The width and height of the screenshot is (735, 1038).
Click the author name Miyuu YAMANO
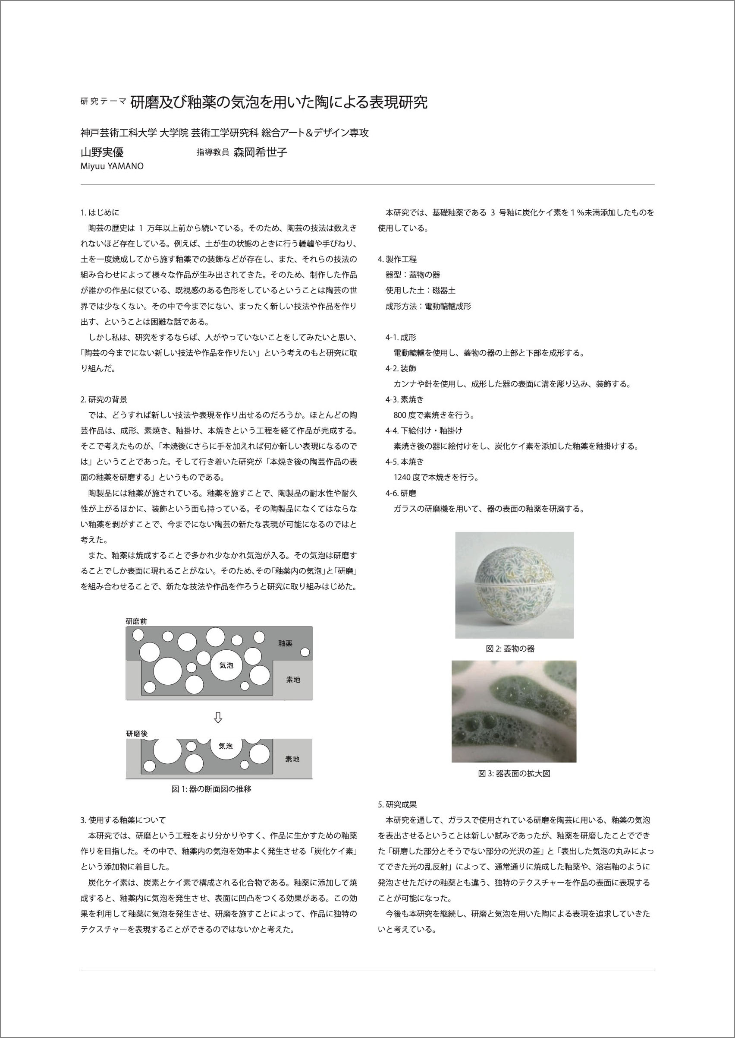[112, 166]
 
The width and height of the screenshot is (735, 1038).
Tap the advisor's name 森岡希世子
[260, 152]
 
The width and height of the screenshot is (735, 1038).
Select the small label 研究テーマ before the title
[103, 101]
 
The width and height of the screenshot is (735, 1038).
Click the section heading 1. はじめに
[100, 212]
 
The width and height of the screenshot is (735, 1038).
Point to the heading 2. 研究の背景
[104, 399]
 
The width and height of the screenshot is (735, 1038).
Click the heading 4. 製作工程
[397, 259]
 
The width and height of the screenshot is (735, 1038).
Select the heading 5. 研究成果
[397, 804]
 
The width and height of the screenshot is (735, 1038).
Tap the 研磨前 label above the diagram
[136, 621]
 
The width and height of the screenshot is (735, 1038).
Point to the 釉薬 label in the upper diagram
[285, 643]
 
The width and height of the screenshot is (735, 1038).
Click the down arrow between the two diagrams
[218, 718]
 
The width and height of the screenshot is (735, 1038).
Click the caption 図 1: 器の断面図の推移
[211, 789]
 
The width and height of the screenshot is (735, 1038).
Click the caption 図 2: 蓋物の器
[510, 649]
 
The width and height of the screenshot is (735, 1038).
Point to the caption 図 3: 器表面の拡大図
[514, 773]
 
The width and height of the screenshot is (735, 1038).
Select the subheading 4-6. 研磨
[401, 493]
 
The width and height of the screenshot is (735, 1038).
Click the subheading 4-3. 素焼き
[405, 399]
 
